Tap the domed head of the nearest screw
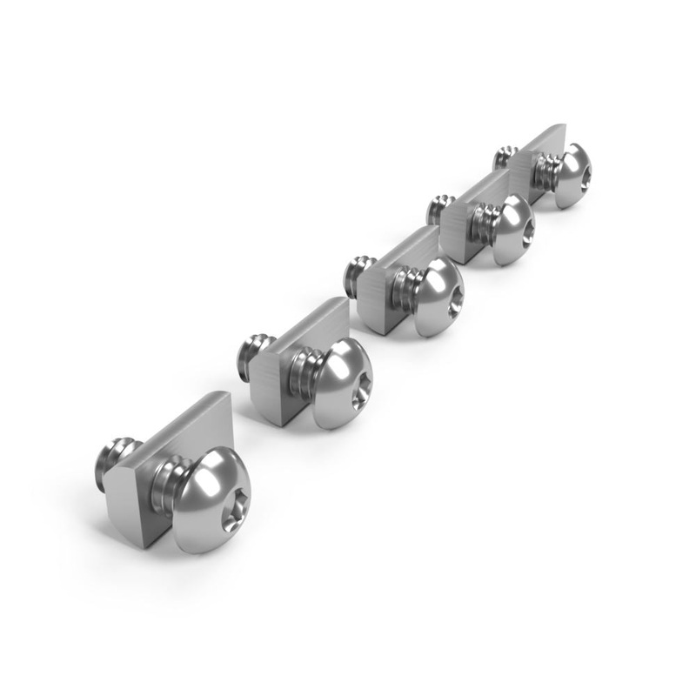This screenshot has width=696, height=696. click(212, 487)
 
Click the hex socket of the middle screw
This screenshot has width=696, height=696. click(453, 306)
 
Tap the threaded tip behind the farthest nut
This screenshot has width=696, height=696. click(503, 157)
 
